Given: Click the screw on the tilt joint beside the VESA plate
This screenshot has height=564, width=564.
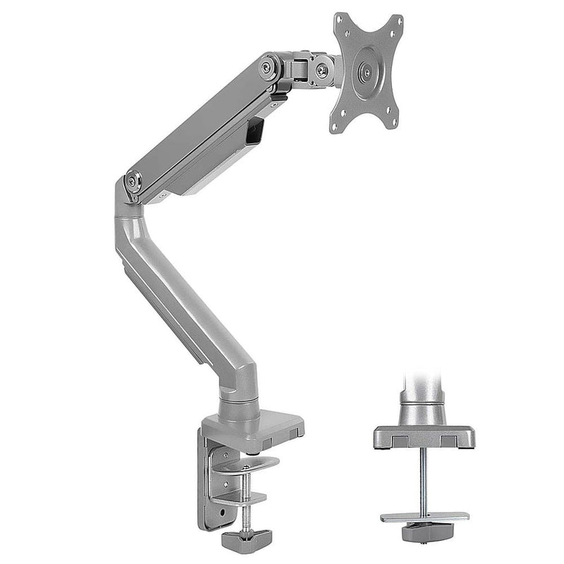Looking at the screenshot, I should (x=321, y=69).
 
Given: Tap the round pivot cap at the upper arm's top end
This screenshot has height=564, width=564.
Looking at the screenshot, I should (x=268, y=67).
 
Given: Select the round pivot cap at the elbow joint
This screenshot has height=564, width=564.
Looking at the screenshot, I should (x=133, y=180).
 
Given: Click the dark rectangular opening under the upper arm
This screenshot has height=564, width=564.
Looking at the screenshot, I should (x=255, y=131).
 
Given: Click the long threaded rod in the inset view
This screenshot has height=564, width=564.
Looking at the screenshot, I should (x=422, y=479).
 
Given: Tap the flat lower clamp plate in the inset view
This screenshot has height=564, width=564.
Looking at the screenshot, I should (x=423, y=516).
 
